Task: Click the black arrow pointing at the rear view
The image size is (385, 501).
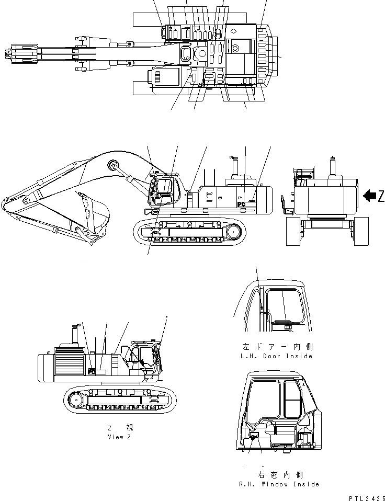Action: click(369, 196)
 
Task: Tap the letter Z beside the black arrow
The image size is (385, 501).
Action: click(381, 196)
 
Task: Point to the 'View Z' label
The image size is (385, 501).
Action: click(120, 437)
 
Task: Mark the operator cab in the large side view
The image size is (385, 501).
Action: click(166, 191)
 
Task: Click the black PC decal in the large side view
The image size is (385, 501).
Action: click(242, 204)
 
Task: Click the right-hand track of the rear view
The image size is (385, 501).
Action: click(361, 232)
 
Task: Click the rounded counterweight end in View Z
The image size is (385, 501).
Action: click(44, 368)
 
